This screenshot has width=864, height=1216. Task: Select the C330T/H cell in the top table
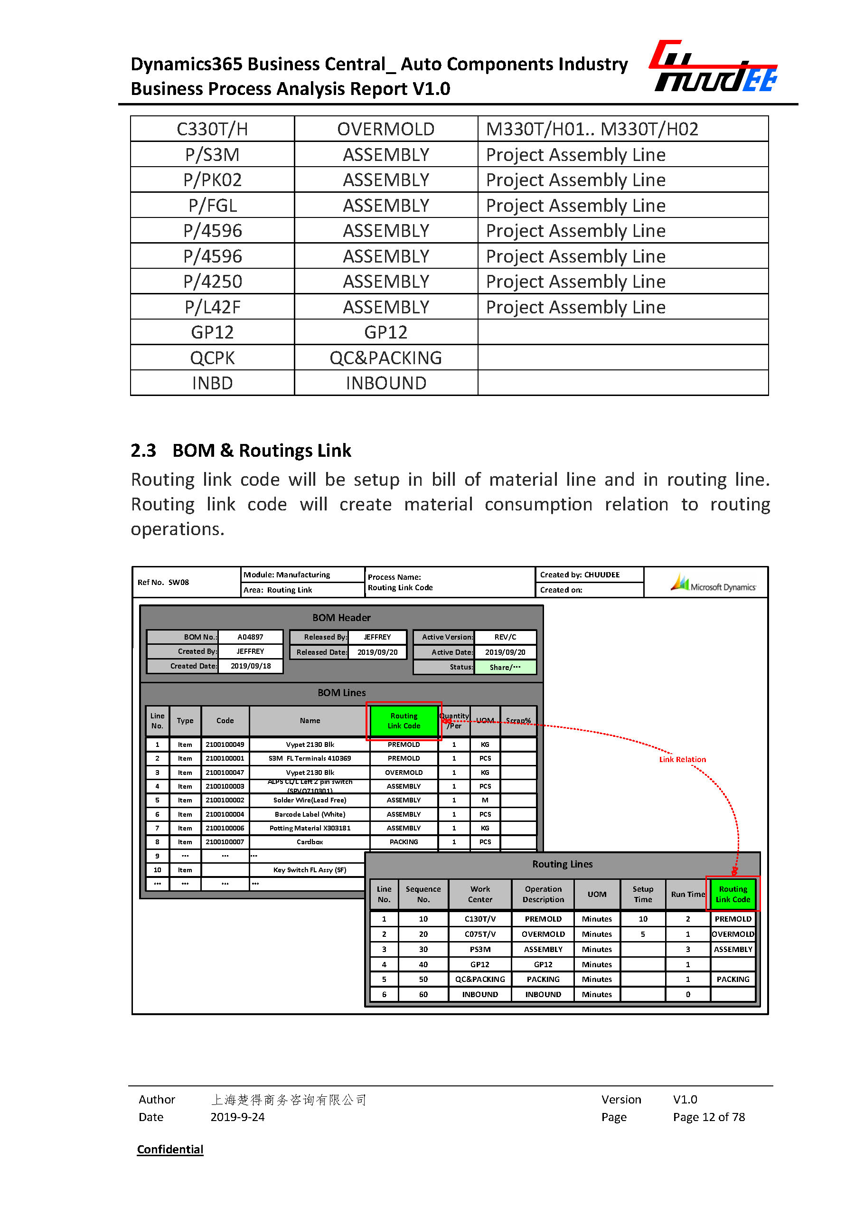pos(212,129)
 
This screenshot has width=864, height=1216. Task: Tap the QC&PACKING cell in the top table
pos(385,358)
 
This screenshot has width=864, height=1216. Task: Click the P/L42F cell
pos(212,307)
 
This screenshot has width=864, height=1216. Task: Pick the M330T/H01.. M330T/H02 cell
pos(592,129)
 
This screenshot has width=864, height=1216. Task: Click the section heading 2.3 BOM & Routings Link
pos(241,451)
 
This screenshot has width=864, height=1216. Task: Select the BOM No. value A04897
pos(250,637)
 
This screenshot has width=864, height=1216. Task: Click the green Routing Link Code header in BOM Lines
pos(404,721)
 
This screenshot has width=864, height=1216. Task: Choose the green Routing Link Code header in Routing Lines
pos(733,894)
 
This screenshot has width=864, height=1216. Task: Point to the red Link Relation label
pos(682,759)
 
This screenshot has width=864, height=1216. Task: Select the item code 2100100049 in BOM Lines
pos(225,745)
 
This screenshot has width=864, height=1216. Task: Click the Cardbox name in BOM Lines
pos(310,842)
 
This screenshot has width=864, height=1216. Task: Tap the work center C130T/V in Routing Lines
pos(480,919)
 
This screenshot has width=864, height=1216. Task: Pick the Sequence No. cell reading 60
pos(423,994)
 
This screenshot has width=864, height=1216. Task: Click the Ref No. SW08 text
pos(163,582)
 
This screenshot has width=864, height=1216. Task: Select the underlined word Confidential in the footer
pos(170,1149)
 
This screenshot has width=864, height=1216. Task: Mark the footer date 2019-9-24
pos(237,1117)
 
